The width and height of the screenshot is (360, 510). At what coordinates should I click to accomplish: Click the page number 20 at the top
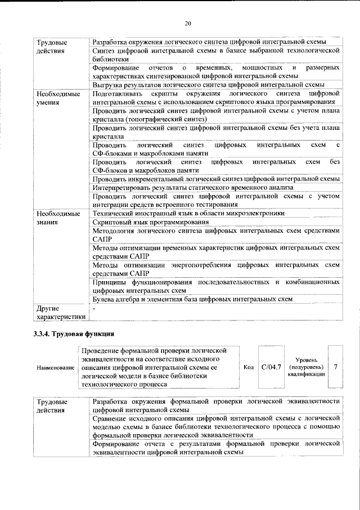(188, 23)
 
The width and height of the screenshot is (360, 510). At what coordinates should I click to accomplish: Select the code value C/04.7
(272, 367)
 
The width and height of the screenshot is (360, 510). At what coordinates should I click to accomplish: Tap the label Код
(248, 367)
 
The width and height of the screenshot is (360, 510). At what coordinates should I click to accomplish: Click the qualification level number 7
(335, 367)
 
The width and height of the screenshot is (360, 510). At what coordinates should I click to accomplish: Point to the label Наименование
(55, 368)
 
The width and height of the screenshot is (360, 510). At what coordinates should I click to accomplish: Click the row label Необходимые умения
(57, 98)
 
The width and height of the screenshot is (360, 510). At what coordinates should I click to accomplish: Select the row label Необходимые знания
(57, 218)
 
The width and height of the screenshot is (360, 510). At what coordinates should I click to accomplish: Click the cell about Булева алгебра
(192, 299)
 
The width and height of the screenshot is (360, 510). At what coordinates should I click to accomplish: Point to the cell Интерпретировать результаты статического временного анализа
(193, 188)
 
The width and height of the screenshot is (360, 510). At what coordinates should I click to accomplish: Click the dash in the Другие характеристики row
(94, 308)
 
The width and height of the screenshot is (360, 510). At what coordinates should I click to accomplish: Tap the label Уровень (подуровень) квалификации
(306, 367)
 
